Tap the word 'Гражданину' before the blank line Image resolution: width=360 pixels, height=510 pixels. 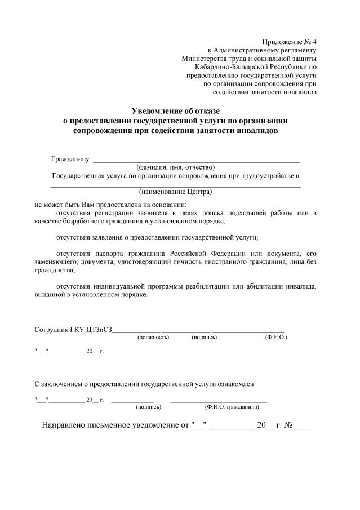(70, 159)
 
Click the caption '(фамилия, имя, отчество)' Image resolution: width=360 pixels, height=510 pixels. (175, 167)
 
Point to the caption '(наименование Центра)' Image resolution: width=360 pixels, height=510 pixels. (175, 191)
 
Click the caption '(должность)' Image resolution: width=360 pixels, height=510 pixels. (153, 337)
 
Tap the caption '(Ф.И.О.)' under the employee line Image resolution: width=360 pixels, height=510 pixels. (275, 337)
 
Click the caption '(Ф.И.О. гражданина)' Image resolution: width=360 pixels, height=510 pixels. (236, 406)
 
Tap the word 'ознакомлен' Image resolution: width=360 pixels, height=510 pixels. (235, 384)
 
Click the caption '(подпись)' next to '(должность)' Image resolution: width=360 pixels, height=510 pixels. (205, 337)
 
